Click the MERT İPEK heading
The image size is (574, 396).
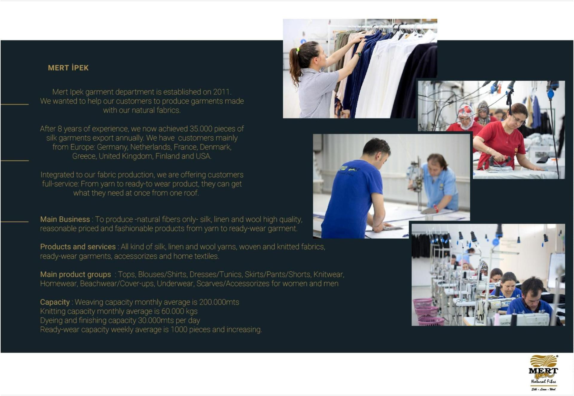coord(68,68)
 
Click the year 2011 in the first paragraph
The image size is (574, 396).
coord(222,92)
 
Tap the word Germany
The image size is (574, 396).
coord(112,147)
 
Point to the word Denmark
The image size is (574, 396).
coord(216,147)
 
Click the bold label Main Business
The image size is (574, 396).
coord(65,219)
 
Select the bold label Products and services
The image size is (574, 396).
coord(78,247)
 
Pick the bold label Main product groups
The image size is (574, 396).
coord(75,275)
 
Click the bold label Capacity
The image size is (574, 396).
coord(55,302)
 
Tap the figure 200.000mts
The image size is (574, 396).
coord(219,302)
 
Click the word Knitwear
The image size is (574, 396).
coord(329,275)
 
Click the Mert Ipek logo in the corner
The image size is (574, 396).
coord(543,373)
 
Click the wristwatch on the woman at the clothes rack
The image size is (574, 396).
coord(358,54)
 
